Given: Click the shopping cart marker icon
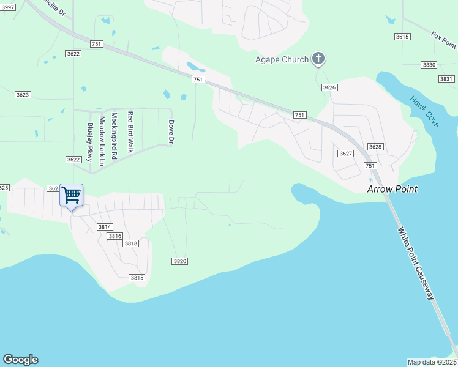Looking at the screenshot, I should pyautogui.click(x=72, y=196).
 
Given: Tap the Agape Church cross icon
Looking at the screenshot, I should pyautogui.click(x=318, y=59).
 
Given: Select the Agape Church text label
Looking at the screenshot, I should pyautogui.click(x=282, y=60).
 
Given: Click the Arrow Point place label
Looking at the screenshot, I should pyautogui.click(x=392, y=189).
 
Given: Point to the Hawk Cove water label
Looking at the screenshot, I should pyautogui.click(x=424, y=112).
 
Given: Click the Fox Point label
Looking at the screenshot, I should pyautogui.click(x=443, y=40).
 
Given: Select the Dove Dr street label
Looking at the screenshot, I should pyautogui.click(x=171, y=132).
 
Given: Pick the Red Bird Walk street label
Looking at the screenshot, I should pyautogui.click(x=130, y=132).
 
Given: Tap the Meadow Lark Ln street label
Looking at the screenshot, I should pyautogui.click(x=102, y=141).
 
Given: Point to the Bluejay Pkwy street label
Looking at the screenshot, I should pyautogui.click(x=90, y=144).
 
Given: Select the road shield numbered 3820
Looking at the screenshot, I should pyautogui.click(x=179, y=261).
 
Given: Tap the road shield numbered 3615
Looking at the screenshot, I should pyautogui.click(x=402, y=37).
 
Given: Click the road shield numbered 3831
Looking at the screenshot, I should pyautogui.click(x=446, y=79).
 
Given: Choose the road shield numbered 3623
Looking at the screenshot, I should pyautogui.click(x=23, y=95).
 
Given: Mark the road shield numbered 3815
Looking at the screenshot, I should pyautogui.click(x=137, y=278).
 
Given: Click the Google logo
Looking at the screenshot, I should pyautogui.click(x=20, y=360).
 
